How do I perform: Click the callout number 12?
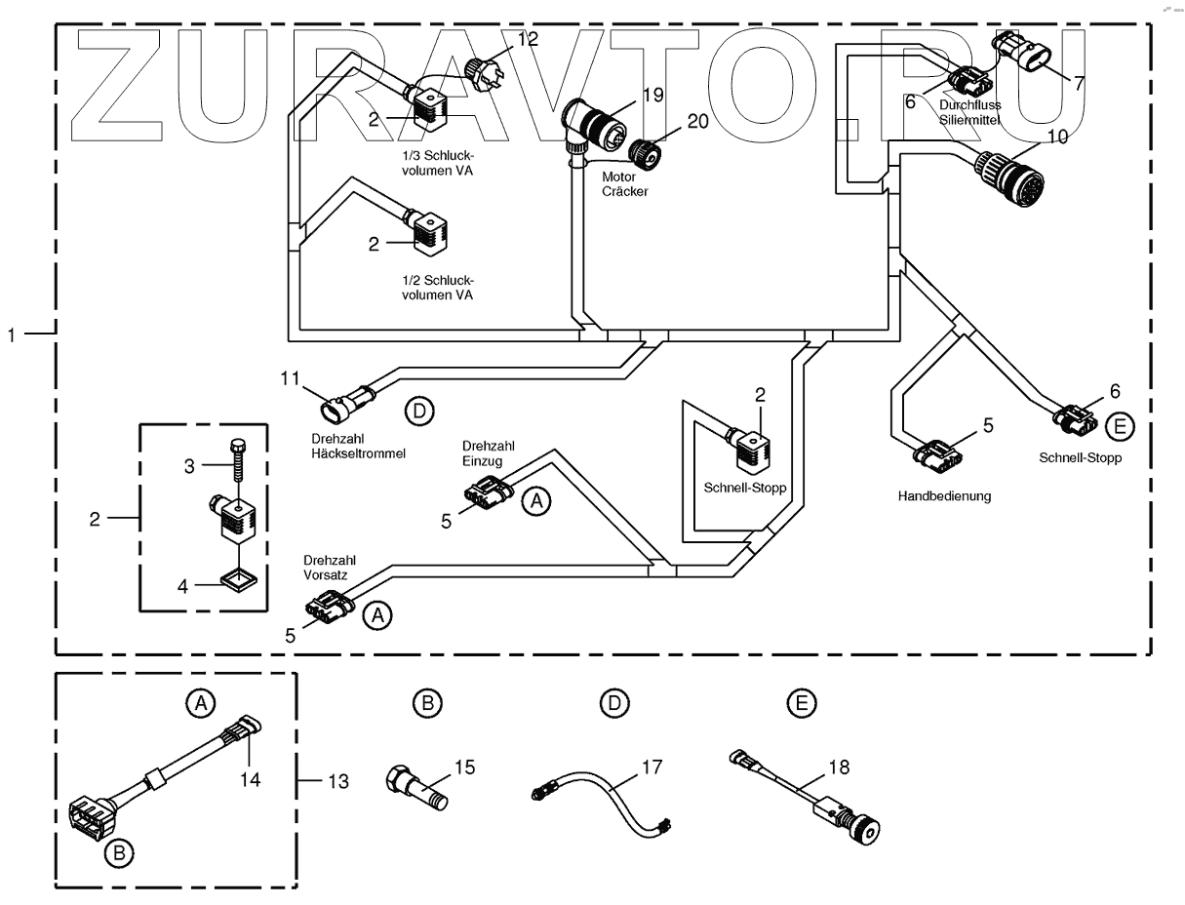(528, 39)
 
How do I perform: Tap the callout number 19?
(652, 95)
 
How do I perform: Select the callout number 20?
(697, 122)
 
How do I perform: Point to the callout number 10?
(1057, 138)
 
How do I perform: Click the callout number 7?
(1079, 84)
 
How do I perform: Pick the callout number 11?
(290, 378)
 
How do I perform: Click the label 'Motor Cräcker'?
(624, 184)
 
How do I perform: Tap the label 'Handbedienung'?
(944, 496)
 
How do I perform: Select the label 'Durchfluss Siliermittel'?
(969, 112)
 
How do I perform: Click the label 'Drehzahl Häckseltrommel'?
(358, 447)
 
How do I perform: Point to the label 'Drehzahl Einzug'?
(488, 453)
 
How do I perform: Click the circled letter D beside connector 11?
(419, 412)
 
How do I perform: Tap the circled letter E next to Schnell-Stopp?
(1119, 427)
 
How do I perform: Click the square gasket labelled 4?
(238, 580)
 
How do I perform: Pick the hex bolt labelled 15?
(416, 787)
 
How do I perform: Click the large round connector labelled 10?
(1007, 178)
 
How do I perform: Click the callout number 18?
(839, 767)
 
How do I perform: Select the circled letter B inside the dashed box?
(119, 853)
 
